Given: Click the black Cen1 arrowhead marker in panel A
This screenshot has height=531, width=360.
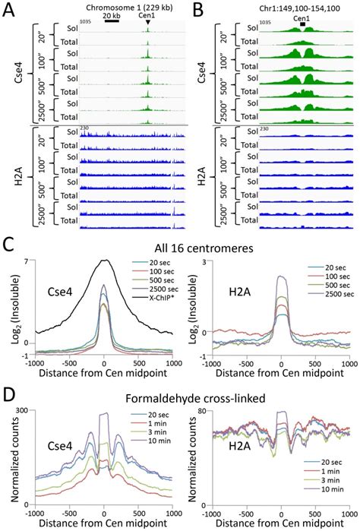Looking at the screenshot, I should pos(147,22).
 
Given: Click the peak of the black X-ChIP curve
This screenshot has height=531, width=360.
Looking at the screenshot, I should pos(105,261).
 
